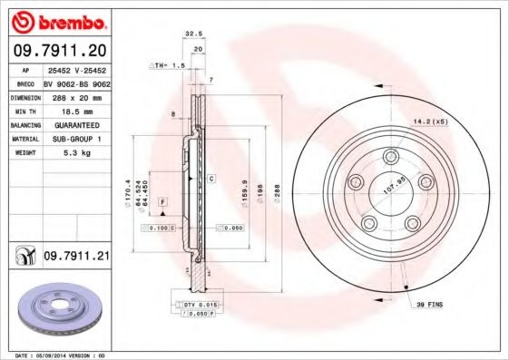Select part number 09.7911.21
77,258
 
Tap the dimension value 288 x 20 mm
76,95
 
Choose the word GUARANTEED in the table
76,124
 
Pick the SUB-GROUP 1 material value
76,139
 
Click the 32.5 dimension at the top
193,34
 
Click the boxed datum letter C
210,179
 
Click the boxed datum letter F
162,199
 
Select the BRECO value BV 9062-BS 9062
76,82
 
